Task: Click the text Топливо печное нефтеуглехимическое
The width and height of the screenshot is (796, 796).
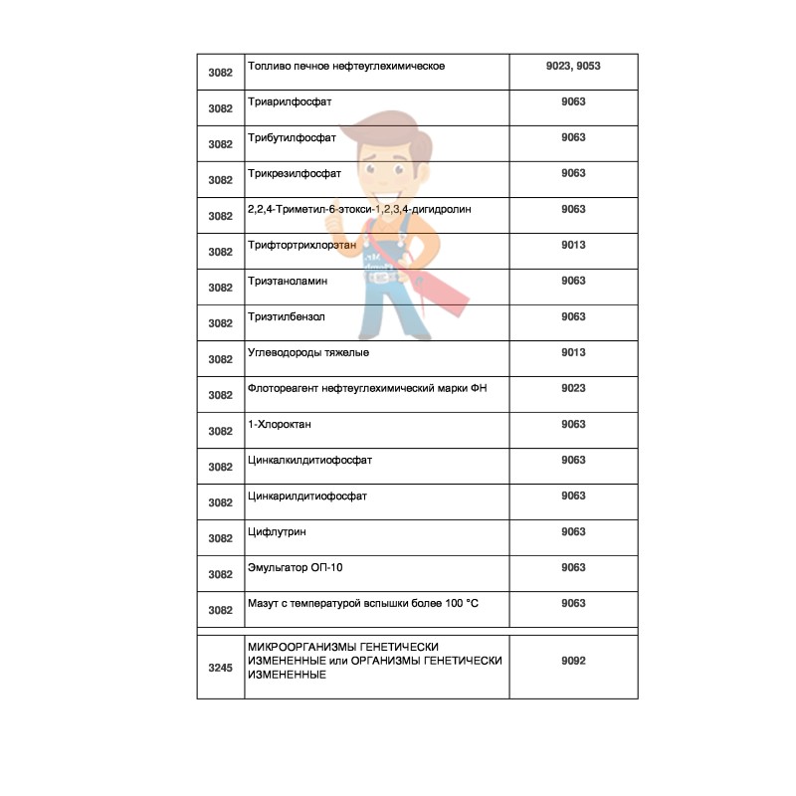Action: (x=345, y=67)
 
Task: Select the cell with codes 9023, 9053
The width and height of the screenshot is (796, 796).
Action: (x=573, y=67)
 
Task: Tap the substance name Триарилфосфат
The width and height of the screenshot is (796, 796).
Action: (x=290, y=102)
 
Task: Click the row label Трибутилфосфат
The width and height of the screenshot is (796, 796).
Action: (x=293, y=138)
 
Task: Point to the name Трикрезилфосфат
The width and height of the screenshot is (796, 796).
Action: (x=295, y=174)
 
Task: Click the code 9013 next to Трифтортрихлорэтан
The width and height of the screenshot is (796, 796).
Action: (x=573, y=246)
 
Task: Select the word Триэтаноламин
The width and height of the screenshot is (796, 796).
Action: (x=288, y=282)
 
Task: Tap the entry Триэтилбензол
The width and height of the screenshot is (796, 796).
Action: (x=287, y=317)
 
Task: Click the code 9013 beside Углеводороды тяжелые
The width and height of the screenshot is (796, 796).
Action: (x=573, y=353)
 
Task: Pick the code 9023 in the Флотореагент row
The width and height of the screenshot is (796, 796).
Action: (x=573, y=389)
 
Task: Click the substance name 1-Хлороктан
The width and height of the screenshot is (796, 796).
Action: (x=280, y=425)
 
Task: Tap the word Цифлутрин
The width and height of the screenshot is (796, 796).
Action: (x=276, y=532)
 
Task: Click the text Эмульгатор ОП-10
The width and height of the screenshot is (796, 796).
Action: (x=297, y=568)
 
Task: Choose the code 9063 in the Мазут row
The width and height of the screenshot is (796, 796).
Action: (x=573, y=604)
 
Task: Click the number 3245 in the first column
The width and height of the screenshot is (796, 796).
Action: (x=220, y=668)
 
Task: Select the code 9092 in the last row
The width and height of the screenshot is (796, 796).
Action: (x=573, y=660)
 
